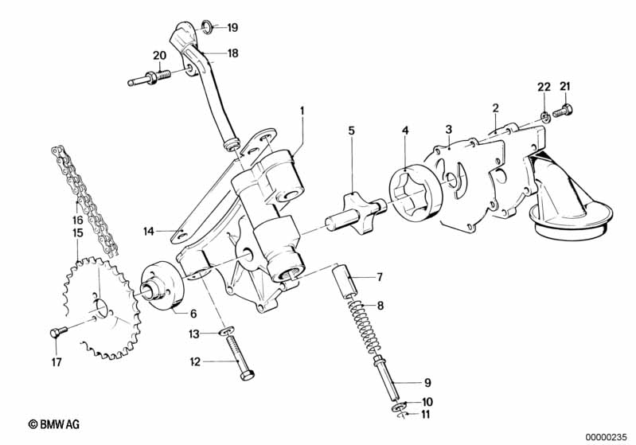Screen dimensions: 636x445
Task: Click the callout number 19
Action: [x=232, y=28]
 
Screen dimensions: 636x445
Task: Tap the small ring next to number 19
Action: [x=207, y=27]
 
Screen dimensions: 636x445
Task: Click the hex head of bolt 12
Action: [x=247, y=374]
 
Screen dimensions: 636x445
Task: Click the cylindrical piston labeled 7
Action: [x=345, y=281]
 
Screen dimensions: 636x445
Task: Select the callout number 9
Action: [x=427, y=383]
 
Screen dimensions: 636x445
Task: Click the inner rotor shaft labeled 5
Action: [x=355, y=215]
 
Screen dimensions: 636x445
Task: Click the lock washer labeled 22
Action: [x=544, y=117]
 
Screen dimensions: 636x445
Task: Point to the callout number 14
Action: [x=149, y=231]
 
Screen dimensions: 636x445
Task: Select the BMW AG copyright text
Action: [x=54, y=424]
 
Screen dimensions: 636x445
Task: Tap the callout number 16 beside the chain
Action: [x=77, y=220]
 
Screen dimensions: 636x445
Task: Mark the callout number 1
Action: [x=302, y=111]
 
